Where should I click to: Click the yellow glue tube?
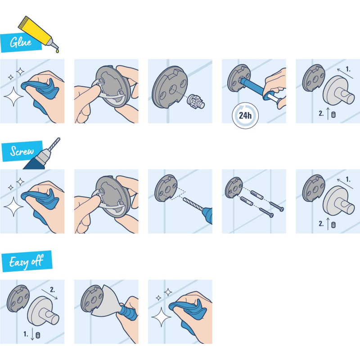(39, 29)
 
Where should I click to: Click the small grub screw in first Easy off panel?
(38, 335)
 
